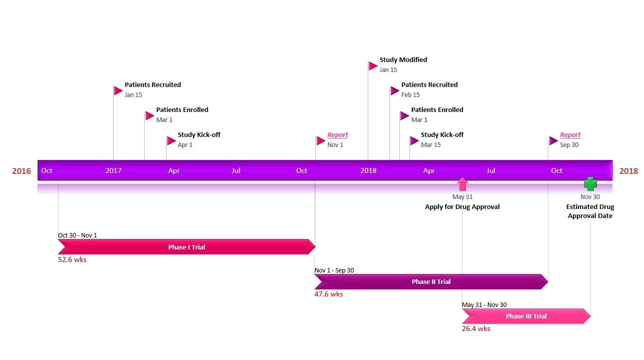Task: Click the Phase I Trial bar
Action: click(x=186, y=247)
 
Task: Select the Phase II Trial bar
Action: click(x=431, y=281)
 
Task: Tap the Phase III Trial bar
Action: click(x=525, y=316)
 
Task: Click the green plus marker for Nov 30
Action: click(x=590, y=184)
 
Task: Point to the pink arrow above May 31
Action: click(x=462, y=184)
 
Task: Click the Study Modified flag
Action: click(x=373, y=66)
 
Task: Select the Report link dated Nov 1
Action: click(x=337, y=135)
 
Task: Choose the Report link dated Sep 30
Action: click(x=570, y=135)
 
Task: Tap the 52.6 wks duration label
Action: click(x=72, y=259)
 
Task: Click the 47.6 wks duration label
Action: click(x=328, y=294)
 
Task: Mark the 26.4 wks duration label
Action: click(x=476, y=328)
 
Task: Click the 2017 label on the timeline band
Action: click(x=114, y=170)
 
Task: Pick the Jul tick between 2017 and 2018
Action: click(x=236, y=170)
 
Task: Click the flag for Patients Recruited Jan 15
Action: click(x=118, y=91)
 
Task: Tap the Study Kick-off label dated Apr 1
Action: click(x=199, y=135)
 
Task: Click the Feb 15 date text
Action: click(x=410, y=95)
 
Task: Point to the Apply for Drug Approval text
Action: click(x=462, y=206)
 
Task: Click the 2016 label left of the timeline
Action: click(x=22, y=171)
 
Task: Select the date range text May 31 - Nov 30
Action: click(x=484, y=305)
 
